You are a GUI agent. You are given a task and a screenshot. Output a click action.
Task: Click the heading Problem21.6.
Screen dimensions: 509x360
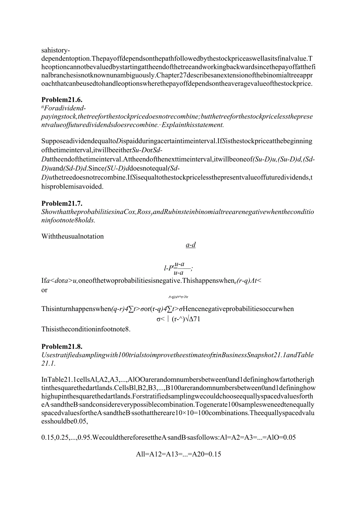(62, 99)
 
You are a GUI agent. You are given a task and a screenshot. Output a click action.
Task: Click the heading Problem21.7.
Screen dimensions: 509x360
(62, 203)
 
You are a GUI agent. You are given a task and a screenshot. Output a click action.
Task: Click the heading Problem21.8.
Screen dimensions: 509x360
(62, 346)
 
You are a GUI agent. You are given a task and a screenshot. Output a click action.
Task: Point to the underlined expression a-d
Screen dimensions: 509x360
(191, 245)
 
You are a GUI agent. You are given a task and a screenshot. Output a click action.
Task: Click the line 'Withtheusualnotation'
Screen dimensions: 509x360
(72, 236)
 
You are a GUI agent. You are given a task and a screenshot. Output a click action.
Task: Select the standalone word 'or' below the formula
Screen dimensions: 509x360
(44, 290)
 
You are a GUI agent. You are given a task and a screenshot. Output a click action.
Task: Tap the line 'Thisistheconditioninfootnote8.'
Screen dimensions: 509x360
(85, 329)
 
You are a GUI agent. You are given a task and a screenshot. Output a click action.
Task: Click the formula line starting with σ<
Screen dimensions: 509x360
(178, 319)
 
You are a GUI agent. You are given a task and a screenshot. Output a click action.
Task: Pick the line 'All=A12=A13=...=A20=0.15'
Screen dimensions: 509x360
(178, 454)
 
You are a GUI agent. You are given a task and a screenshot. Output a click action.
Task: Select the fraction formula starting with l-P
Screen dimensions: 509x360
(178, 268)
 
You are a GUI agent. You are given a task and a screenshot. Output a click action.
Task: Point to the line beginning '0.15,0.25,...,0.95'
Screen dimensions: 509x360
(168, 437)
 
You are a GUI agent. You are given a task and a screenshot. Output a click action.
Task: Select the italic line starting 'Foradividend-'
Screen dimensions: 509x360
(65, 108)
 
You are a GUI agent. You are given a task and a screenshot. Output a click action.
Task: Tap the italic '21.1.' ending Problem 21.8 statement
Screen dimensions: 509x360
(48, 363)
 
